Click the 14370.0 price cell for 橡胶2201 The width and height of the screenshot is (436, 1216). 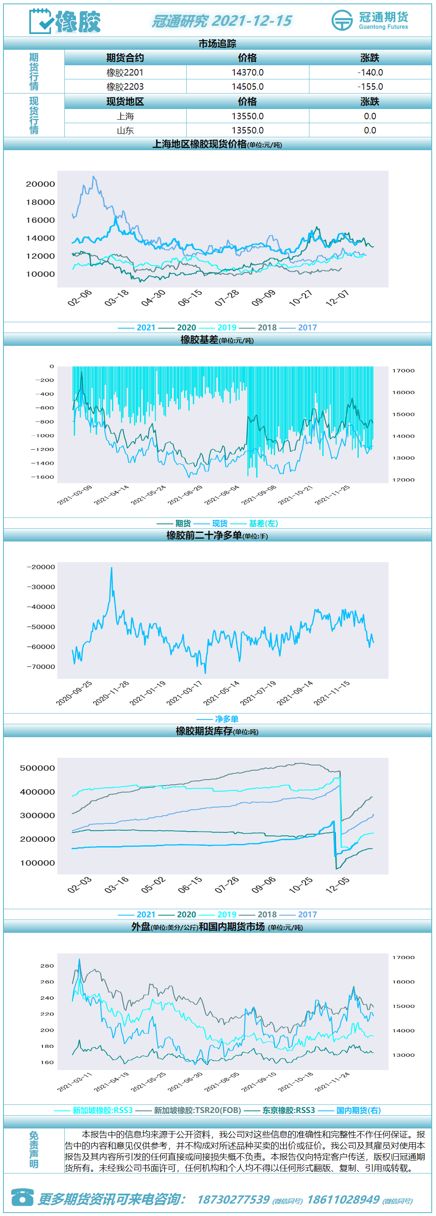(x=247, y=72)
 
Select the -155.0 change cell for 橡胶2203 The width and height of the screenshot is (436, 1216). (x=370, y=86)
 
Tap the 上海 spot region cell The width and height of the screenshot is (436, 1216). (x=125, y=116)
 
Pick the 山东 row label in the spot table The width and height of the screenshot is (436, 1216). (x=125, y=130)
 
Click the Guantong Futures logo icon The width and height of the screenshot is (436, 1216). (x=342, y=20)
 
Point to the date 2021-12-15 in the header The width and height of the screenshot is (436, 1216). (x=252, y=21)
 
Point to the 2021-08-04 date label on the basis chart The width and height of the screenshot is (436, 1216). (x=222, y=495)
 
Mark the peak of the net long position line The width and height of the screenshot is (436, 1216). (x=112, y=567)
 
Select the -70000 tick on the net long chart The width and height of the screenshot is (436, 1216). (x=41, y=666)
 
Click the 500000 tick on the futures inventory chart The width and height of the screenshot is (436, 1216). (x=37, y=768)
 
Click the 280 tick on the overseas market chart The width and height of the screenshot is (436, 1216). (x=47, y=966)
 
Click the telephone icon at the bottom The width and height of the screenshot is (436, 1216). (x=22, y=1197)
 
